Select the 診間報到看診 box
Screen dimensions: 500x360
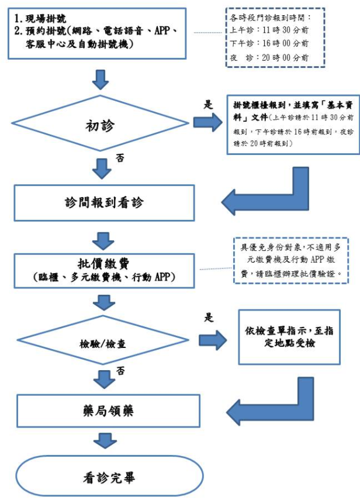[103, 203]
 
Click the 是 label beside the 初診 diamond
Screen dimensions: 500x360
[207, 104]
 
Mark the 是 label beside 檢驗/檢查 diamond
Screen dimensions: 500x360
[209, 318]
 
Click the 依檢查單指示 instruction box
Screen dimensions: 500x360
[289, 337]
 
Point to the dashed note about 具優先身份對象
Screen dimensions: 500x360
[290, 260]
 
